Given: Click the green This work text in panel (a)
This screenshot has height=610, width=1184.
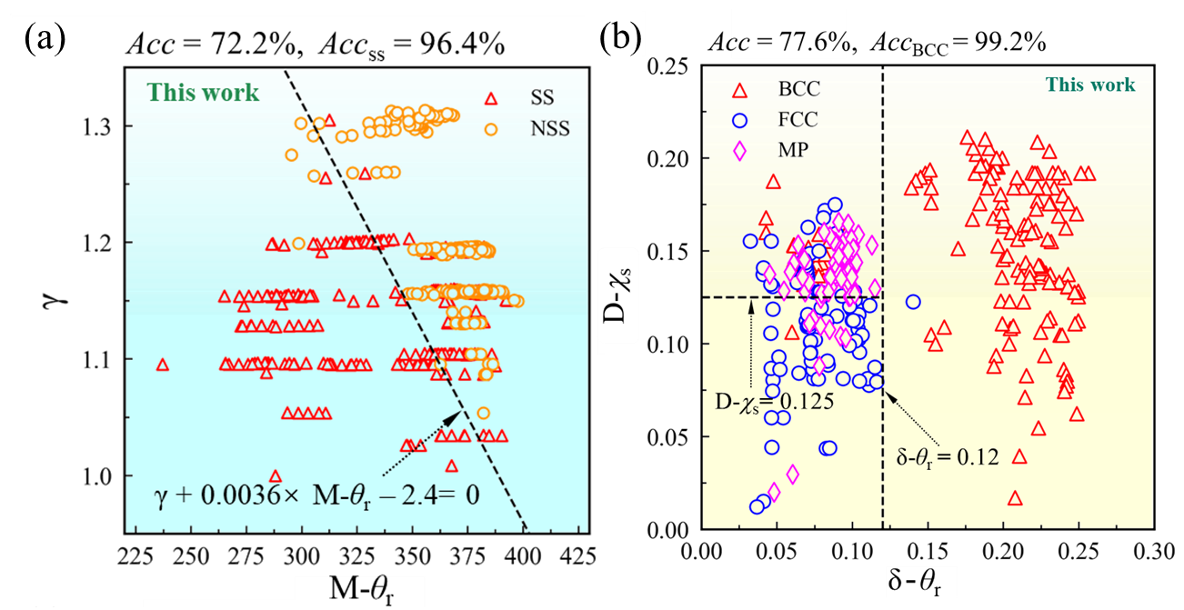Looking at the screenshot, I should click(204, 93).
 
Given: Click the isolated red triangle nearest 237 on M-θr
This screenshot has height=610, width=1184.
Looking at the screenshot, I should click(163, 365).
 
